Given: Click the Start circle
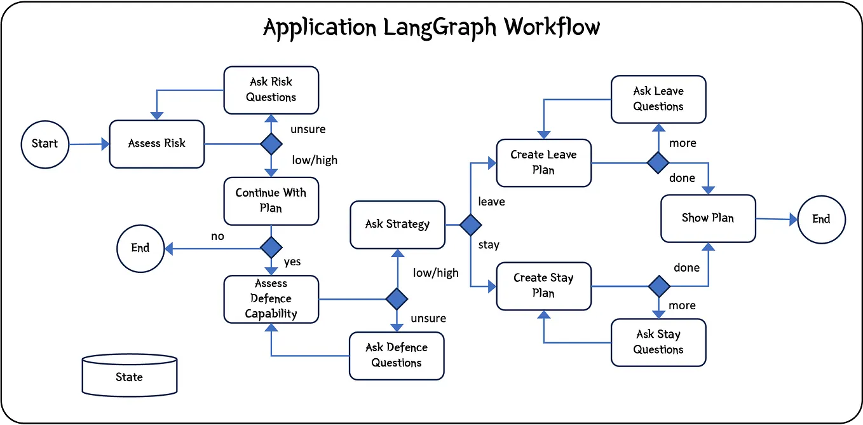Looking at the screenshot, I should pos(44,144).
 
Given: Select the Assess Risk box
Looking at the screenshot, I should pos(157,144).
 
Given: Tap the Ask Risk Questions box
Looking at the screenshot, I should pos(271,90).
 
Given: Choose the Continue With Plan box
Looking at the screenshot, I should pos(271,200).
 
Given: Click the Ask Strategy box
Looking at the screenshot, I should pos(397,225).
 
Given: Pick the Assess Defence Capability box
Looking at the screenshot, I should pos(271,299).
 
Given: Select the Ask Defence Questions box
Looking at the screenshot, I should pos(397,356).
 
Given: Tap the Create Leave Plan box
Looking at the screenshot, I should pos(543,163).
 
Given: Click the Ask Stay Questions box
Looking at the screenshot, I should pos(658,342).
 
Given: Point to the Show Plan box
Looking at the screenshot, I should pos(708,218).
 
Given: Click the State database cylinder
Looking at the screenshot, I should pos(129,376).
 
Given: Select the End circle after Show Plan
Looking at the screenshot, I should pos(821,219).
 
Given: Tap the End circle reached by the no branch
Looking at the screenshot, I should pos(140,248).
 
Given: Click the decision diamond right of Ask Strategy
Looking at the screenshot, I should pos(470,225).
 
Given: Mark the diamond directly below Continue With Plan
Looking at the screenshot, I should pos(271,247).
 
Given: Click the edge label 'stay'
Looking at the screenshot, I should pos(488,245).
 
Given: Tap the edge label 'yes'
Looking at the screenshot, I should pos(292,261).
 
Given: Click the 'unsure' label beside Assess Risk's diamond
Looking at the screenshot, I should pos(308,129).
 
